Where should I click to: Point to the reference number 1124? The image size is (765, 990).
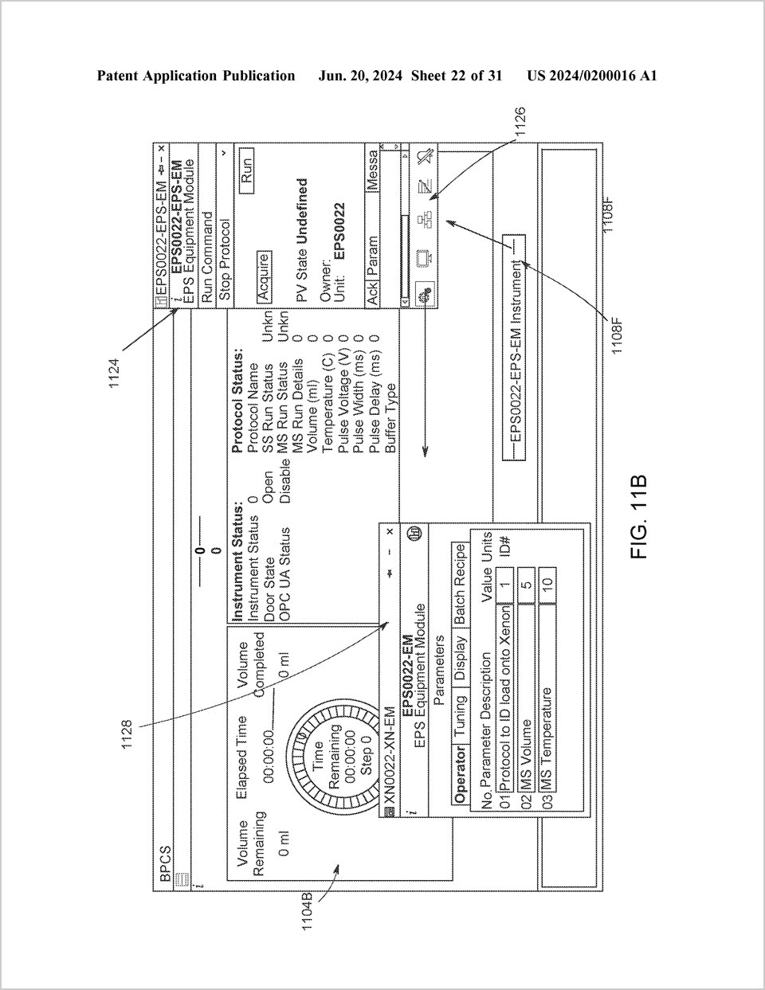point(115,372)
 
